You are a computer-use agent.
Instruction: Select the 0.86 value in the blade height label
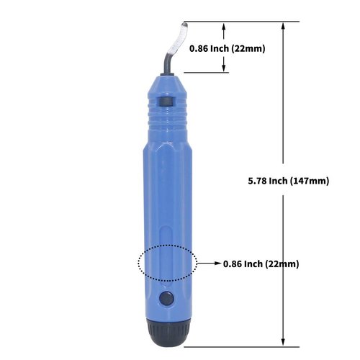point(199,49)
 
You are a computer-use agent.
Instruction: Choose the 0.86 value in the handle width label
point(233,264)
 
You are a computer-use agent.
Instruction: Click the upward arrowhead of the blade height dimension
point(225,26)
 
